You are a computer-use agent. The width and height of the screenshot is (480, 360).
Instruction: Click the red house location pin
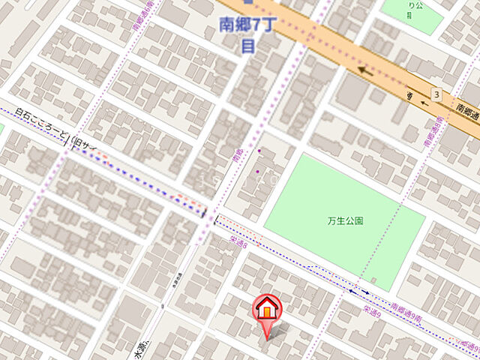pyautogui.click(x=268, y=311)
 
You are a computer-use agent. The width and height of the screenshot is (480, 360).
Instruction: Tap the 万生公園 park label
pyautogui.click(x=346, y=221)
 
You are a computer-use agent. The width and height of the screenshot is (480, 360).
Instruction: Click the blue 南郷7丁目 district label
pyautogui.click(x=244, y=34)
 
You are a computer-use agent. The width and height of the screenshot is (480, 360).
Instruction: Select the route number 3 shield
pyautogui.click(x=436, y=94)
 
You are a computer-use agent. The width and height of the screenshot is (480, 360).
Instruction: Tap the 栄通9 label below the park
pyautogui.click(x=373, y=310)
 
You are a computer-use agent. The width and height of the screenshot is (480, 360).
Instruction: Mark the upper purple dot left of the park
pyautogui.click(x=259, y=151)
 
